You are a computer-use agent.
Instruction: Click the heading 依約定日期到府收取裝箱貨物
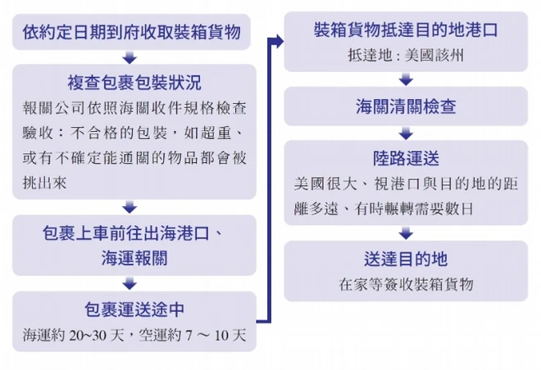[x=131, y=32]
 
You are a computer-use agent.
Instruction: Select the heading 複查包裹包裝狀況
[x=134, y=83]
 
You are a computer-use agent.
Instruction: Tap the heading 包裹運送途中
[x=134, y=309]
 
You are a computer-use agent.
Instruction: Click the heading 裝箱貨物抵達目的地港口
[x=406, y=29]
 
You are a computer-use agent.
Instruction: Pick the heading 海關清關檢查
[x=406, y=106]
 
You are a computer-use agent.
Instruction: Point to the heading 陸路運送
[x=406, y=159]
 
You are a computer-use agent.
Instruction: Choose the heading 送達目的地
[x=406, y=259]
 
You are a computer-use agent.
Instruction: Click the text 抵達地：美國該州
[x=406, y=55]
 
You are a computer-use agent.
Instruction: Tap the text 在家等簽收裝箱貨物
[x=406, y=284]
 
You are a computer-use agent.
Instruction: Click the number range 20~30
[x=88, y=335]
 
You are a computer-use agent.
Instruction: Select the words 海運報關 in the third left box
[x=134, y=258]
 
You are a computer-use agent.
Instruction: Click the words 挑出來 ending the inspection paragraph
[x=44, y=183]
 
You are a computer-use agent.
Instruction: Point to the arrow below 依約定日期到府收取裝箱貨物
[x=130, y=56]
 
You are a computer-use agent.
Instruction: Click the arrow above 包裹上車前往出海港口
[x=130, y=207]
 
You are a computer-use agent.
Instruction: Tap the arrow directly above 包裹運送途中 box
[x=130, y=283]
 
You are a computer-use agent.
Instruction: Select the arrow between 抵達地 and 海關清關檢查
[x=406, y=79]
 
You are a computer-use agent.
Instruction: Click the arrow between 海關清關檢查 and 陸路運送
[x=406, y=133]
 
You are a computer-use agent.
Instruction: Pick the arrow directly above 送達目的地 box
[x=406, y=233]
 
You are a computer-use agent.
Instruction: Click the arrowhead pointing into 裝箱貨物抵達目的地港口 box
[x=280, y=42]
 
